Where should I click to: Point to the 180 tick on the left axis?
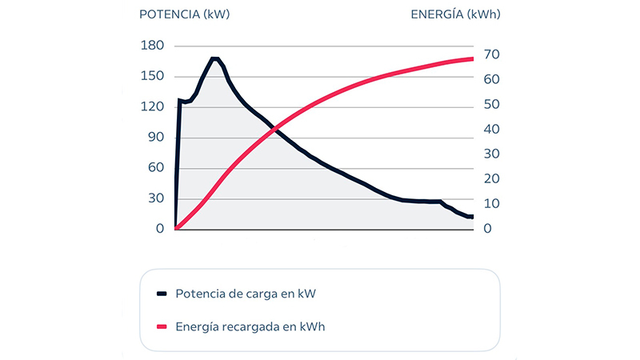point(151,46)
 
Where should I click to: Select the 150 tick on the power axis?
point(151,76)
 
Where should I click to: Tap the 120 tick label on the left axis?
point(151,106)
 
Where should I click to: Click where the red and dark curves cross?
point(275,129)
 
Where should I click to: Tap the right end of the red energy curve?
point(473,59)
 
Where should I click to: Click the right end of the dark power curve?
point(473,217)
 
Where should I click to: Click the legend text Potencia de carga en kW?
point(246,294)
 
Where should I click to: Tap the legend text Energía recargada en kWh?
point(250,326)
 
